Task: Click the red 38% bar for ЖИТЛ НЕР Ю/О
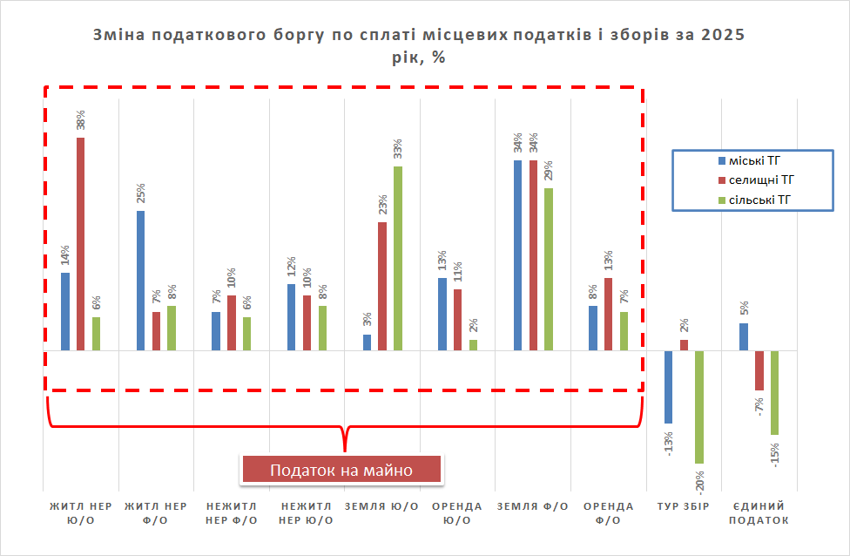(x=80, y=244)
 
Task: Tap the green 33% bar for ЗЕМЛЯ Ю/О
(x=397, y=258)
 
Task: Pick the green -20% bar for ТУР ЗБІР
(x=699, y=407)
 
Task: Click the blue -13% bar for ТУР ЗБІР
(x=669, y=387)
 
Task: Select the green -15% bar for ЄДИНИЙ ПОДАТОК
(x=774, y=392)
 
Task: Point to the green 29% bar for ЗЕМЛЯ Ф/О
(x=549, y=269)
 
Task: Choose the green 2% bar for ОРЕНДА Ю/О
(x=473, y=345)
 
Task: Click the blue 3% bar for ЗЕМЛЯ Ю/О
(x=367, y=342)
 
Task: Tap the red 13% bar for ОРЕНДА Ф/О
(x=608, y=314)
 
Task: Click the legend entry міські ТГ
(x=754, y=160)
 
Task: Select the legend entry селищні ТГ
(x=759, y=180)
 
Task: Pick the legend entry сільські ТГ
(x=759, y=200)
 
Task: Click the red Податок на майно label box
(x=341, y=470)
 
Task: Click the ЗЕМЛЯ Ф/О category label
(x=533, y=506)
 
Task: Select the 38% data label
(x=81, y=119)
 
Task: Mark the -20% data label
(x=700, y=481)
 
